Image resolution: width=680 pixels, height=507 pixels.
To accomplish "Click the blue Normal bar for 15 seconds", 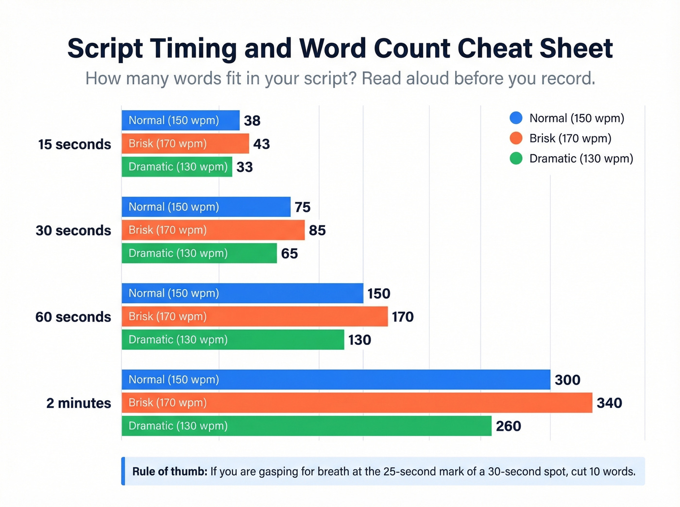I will pyautogui.click(x=180, y=120).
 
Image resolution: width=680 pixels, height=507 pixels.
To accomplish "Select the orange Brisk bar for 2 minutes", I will pyautogui.click(x=357, y=403).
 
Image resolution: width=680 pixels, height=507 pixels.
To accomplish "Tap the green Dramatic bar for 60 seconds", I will pyautogui.click(x=233, y=340).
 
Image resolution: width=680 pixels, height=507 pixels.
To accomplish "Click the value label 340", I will pyautogui.click(x=609, y=403).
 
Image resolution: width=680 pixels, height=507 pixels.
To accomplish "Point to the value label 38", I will pyautogui.click(x=252, y=121).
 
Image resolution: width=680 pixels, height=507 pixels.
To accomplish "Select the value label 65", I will pyautogui.click(x=289, y=253).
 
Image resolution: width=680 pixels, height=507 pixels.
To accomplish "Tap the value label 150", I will pyautogui.click(x=379, y=294).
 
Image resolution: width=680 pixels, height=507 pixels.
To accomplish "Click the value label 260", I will pyautogui.click(x=508, y=426).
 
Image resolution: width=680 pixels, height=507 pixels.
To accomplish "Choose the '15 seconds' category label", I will pyautogui.click(x=74, y=144).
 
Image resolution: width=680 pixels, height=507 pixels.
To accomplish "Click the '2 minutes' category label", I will pyautogui.click(x=79, y=403).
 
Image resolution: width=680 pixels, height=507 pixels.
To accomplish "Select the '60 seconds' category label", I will pyautogui.click(x=73, y=317).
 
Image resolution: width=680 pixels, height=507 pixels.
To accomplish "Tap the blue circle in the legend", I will pyautogui.click(x=516, y=118).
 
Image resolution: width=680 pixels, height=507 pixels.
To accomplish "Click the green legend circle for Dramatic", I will pyautogui.click(x=516, y=158).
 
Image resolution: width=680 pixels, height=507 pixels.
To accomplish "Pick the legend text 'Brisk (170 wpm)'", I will pyautogui.click(x=570, y=138).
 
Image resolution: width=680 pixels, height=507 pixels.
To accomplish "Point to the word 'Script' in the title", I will pyautogui.click(x=105, y=49).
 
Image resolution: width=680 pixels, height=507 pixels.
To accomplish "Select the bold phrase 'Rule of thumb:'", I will pyautogui.click(x=170, y=472).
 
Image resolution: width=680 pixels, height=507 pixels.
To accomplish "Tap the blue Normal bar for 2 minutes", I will pyautogui.click(x=336, y=379).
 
